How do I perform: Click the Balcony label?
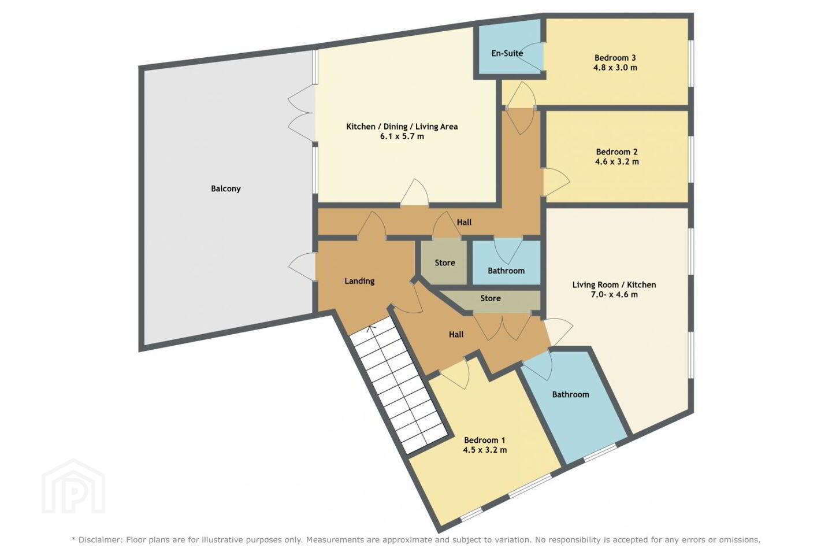pyautogui.click(x=226, y=188)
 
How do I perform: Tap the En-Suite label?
pyautogui.click(x=507, y=53)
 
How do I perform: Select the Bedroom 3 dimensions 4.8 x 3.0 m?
pyautogui.click(x=615, y=67)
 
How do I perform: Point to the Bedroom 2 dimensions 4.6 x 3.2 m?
pyautogui.click(x=617, y=161)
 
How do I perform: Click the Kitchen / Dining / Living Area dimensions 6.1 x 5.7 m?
pyautogui.click(x=402, y=136)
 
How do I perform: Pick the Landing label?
pyautogui.click(x=359, y=281)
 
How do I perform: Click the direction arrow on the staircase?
pyautogui.click(x=371, y=328)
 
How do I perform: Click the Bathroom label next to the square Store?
pyautogui.click(x=506, y=271)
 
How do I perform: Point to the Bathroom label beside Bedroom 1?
pyautogui.click(x=570, y=394)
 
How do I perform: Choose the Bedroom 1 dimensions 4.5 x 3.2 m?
pyautogui.click(x=485, y=450)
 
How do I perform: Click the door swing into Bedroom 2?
pyautogui.click(x=556, y=182)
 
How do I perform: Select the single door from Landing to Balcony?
pyautogui.click(x=302, y=267)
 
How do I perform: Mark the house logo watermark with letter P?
pyautogui.click(x=73, y=486)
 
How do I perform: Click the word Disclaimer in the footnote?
pyautogui.click(x=99, y=540)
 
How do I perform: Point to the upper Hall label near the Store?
pyautogui.click(x=464, y=223)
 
